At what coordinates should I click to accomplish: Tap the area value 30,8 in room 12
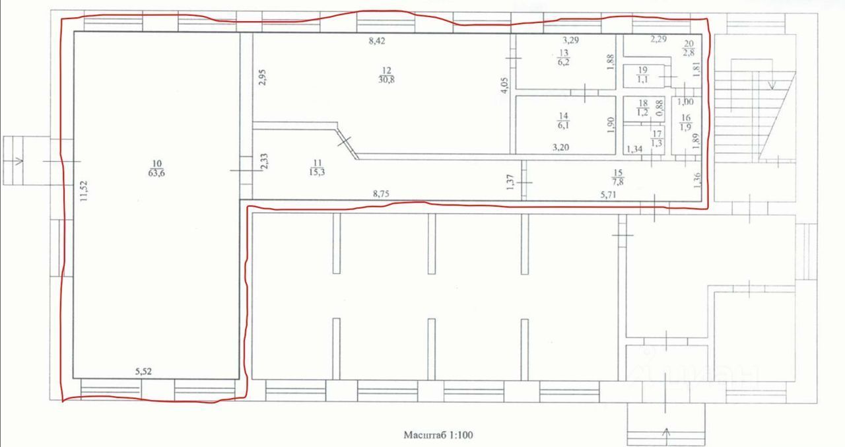pos(386,79)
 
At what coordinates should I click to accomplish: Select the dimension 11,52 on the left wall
pos(83,191)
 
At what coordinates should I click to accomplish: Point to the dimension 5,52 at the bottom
pos(143,372)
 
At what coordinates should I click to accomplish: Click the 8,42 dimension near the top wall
pos(377,41)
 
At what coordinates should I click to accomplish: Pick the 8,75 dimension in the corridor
pos(381,194)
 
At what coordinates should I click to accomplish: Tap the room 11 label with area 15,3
pos(317,168)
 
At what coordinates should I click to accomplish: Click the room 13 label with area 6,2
pos(564,57)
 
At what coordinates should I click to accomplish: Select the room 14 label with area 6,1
pos(564,120)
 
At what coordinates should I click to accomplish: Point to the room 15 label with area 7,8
pos(617,178)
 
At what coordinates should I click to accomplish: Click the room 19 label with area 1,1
pos(642,75)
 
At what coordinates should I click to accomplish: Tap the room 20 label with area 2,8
pos(689,48)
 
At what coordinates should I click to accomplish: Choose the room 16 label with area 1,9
pos(686,123)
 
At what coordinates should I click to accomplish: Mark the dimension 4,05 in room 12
pos(505,85)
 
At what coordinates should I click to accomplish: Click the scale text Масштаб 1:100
pos(438,435)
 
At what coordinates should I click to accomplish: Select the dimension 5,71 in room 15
pos(609,195)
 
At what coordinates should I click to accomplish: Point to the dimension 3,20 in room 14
pos(560,147)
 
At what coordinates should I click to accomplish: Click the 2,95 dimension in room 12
pos(263,77)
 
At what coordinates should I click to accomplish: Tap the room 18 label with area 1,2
pos(643,108)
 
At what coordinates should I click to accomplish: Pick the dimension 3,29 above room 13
pos(571,40)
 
